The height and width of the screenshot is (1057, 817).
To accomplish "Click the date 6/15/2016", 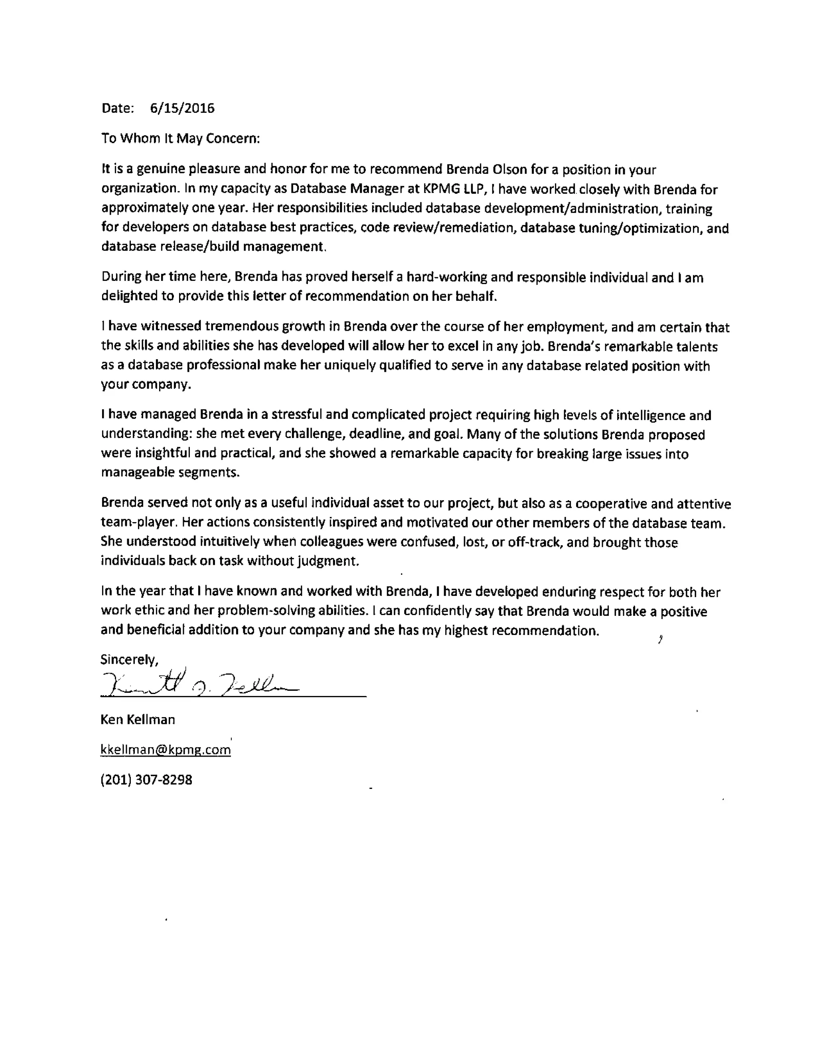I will [x=182, y=108].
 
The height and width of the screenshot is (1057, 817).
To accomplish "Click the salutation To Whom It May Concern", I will [x=181, y=138].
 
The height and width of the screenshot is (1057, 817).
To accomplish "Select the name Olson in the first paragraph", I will [x=509, y=170].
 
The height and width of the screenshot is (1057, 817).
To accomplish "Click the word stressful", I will [x=297, y=415].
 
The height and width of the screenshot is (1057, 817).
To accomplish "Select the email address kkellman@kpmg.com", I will [x=166, y=750].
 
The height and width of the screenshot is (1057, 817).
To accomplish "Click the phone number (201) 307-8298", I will [x=146, y=780].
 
